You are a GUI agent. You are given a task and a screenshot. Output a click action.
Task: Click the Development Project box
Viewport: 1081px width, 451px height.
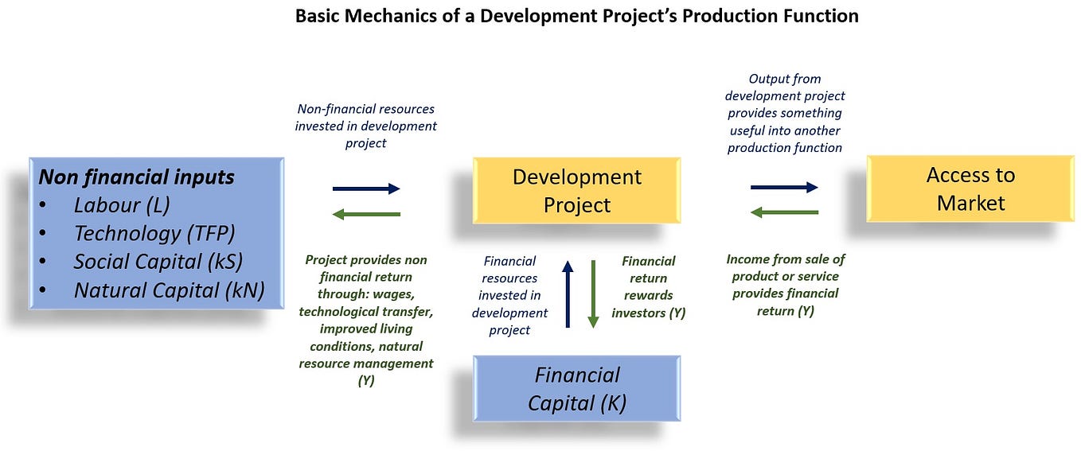click(x=576, y=191)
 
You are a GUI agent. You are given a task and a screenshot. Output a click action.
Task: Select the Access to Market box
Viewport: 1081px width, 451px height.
click(x=970, y=189)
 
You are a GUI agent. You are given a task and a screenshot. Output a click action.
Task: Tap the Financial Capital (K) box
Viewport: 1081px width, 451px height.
click(x=576, y=388)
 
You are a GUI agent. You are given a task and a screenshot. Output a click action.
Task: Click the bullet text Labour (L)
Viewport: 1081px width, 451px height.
click(x=122, y=205)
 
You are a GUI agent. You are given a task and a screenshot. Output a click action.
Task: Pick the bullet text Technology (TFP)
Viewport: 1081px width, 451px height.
click(x=154, y=234)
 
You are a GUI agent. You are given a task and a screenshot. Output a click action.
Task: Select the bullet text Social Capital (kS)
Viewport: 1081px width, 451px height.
click(x=158, y=262)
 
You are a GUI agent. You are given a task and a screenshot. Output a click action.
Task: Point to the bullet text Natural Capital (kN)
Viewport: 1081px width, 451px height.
click(x=169, y=290)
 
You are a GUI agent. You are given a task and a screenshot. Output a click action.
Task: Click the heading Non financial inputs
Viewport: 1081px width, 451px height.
click(x=136, y=177)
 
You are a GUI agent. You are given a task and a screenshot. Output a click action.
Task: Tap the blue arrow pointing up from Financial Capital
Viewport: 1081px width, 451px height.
click(x=568, y=294)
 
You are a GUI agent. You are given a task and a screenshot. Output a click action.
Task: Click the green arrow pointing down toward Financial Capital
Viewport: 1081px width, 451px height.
click(x=593, y=294)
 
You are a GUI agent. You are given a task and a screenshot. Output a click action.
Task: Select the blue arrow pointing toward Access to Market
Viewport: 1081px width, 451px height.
click(x=784, y=188)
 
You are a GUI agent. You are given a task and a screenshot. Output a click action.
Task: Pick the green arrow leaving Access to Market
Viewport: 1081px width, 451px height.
click(x=784, y=212)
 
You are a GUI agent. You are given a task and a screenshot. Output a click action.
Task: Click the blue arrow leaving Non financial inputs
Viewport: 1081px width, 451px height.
click(x=366, y=189)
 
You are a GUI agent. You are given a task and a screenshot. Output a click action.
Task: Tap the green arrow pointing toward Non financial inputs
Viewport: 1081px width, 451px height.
click(x=366, y=214)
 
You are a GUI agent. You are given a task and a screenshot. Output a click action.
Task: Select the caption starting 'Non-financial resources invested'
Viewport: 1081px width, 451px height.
click(x=366, y=126)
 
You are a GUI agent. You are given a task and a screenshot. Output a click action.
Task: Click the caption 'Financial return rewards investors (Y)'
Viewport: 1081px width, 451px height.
click(x=648, y=286)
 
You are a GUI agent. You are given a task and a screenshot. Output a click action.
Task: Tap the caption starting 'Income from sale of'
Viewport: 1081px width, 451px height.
click(x=785, y=284)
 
